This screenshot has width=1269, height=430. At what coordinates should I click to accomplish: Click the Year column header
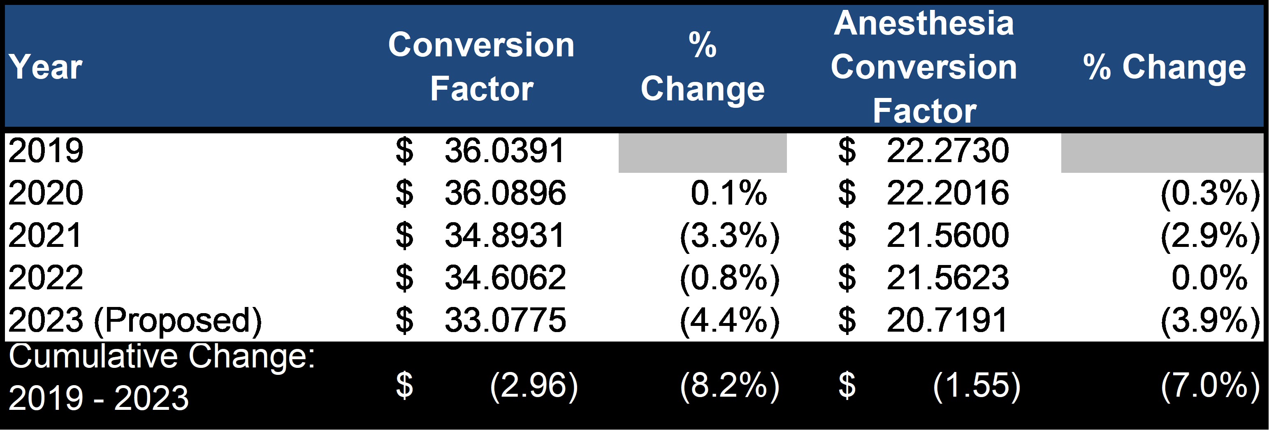[x=45, y=67]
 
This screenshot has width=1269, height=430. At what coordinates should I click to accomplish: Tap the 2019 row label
[x=45, y=150]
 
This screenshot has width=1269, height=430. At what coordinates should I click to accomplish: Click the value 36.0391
[x=504, y=150]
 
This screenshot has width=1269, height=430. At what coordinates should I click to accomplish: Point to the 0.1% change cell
[x=728, y=193]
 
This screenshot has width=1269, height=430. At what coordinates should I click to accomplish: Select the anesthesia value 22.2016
[x=947, y=193]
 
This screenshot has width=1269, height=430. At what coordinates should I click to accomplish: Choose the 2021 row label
[x=45, y=235]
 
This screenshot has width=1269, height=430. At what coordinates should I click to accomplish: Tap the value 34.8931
[x=504, y=235]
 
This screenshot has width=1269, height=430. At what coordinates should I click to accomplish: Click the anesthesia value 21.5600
[x=947, y=235]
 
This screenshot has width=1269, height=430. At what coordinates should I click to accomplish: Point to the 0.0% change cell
[x=1209, y=277]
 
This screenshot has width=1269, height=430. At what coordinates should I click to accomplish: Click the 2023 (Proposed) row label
[x=135, y=321]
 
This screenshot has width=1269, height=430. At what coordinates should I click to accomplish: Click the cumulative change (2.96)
[x=534, y=385]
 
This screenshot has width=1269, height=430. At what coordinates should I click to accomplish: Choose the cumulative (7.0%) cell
[x=1210, y=385]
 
